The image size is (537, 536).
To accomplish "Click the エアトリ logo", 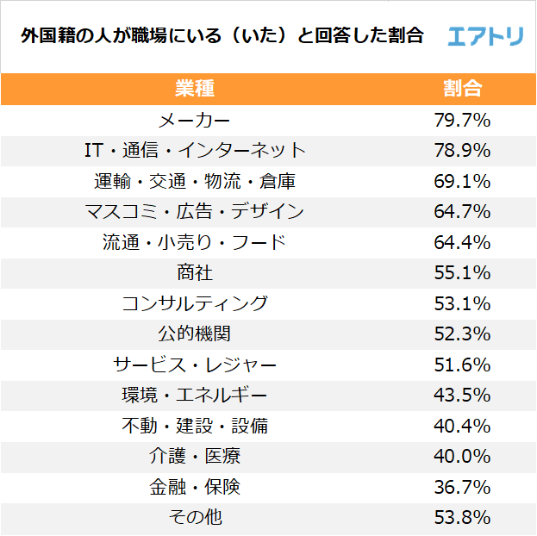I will pyautogui.click(x=485, y=35).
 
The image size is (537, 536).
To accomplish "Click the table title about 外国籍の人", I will pyautogui.click(x=222, y=36).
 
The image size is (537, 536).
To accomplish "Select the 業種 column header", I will pyautogui.click(x=194, y=89).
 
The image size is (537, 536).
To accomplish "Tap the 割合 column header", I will pyautogui.click(x=462, y=89).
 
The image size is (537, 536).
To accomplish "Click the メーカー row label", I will pyautogui.click(x=194, y=120).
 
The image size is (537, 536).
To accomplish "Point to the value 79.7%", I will pyautogui.click(x=462, y=120).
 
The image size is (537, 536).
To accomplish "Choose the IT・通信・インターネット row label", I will pyautogui.click(x=194, y=151).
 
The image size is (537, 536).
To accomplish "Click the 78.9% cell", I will pyautogui.click(x=462, y=151).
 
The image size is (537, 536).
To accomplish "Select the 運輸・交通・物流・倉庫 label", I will pyautogui.click(x=194, y=181).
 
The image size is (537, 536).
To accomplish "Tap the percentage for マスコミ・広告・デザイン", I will pyautogui.click(x=462, y=212).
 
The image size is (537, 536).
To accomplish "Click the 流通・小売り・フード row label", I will pyautogui.click(x=194, y=242).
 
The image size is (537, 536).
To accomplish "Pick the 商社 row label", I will pyautogui.click(x=194, y=273).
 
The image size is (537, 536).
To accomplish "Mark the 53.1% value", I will pyautogui.click(x=462, y=303).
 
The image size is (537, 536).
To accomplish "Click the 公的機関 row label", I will pyautogui.click(x=194, y=333).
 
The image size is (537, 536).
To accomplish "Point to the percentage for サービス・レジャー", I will pyautogui.click(x=462, y=365).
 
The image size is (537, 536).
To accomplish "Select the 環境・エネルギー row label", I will pyautogui.click(x=194, y=396).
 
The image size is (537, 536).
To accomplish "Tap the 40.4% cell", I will pyautogui.click(x=462, y=426).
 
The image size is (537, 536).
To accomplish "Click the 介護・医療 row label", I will pyautogui.click(x=194, y=457).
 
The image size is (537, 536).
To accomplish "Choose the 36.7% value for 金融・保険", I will pyautogui.click(x=462, y=487).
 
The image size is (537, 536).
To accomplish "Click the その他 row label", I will pyautogui.click(x=194, y=518).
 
